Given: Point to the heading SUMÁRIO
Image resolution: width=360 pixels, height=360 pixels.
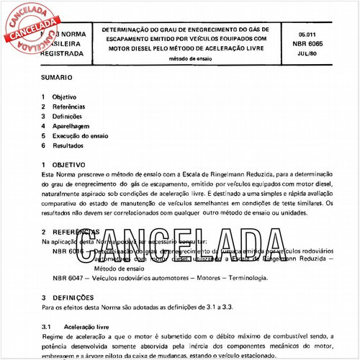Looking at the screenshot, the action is tap(55, 74).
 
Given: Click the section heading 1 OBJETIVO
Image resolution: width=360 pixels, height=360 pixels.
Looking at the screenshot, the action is tap(66, 165).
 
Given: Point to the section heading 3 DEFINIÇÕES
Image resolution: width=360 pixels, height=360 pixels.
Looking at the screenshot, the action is tap(70, 297).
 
